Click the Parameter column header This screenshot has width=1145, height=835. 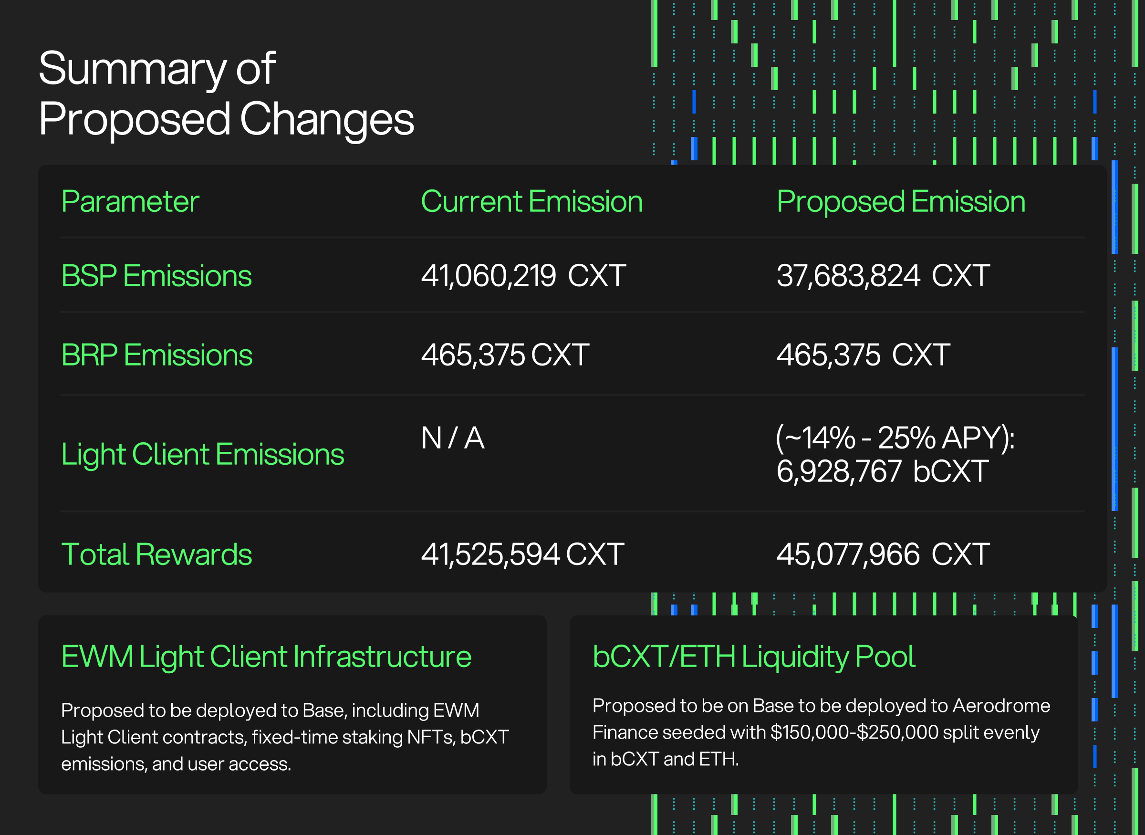[x=130, y=202]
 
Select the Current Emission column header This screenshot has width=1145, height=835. [x=531, y=202]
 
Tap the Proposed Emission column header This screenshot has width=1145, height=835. [x=901, y=202]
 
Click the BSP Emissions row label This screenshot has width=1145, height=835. [x=156, y=276]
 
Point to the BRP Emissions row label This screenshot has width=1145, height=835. [x=156, y=355]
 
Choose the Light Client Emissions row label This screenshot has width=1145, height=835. [x=203, y=454]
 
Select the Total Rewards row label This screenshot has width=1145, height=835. [x=156, y=554]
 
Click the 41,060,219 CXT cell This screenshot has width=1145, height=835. [x=523, y=276]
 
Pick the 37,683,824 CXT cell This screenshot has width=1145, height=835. [x=883, y=276]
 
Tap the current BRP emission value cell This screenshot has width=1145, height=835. [x=505, y=355]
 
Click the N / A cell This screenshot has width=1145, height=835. [x=453, y=438]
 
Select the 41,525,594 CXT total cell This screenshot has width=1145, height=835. [x=523, y=554]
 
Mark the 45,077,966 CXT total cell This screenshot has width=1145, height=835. [x=883, y=554]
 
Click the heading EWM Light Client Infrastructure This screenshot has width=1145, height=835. [x=266, y=657]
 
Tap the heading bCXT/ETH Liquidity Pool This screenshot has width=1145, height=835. [x=754, y=657]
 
